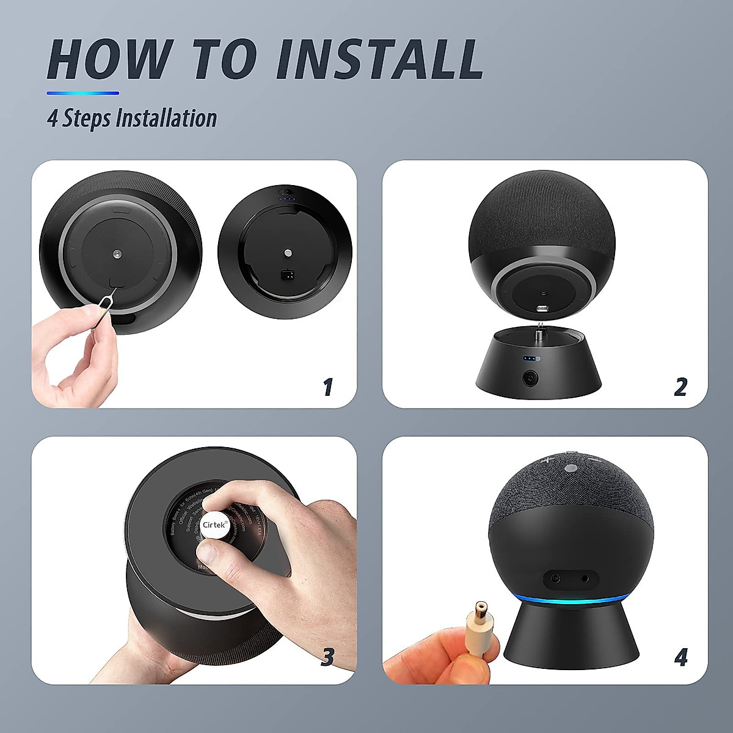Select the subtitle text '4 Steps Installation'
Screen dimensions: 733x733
(x=132, y=118)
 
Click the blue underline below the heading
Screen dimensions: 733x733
(x=83, y=93)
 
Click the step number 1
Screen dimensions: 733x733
(x=328, y=387)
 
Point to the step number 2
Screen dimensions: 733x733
(x=680, y=387)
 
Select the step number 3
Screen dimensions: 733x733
(x=328, y=657)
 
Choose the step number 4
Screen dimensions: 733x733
(x=680, y=658)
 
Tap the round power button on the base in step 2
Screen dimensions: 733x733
(x=528, y=378)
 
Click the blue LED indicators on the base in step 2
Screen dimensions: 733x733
(x=530, y=359)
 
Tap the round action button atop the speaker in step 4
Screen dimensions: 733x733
(x=571, y=469)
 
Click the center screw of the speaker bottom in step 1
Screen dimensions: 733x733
(x=116, y=252)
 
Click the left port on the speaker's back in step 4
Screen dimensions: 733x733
(x=556, y=577)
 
